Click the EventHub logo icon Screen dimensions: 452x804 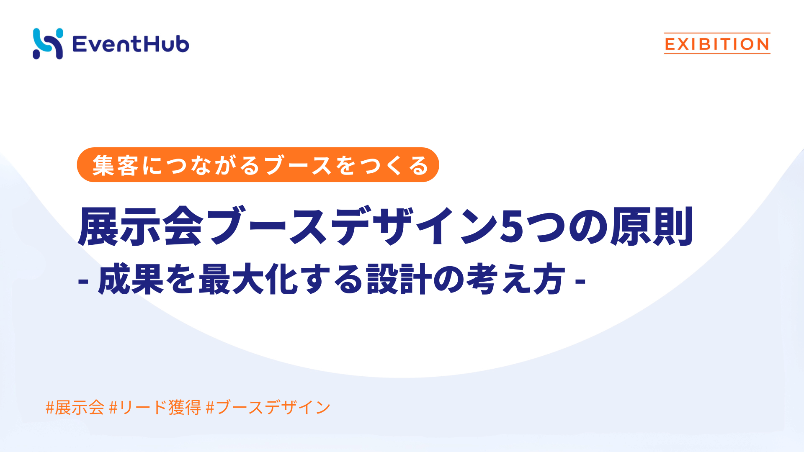48,44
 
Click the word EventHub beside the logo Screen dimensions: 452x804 131,44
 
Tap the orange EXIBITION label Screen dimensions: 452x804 717,44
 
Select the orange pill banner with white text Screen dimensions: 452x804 258,165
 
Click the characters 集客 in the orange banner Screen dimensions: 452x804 115,165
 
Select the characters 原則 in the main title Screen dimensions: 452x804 652,226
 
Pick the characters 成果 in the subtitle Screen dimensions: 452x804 131,280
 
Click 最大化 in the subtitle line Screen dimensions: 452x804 248,280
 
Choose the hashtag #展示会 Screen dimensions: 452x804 75,407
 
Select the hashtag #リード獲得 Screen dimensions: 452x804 155,407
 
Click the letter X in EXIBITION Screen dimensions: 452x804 684,44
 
